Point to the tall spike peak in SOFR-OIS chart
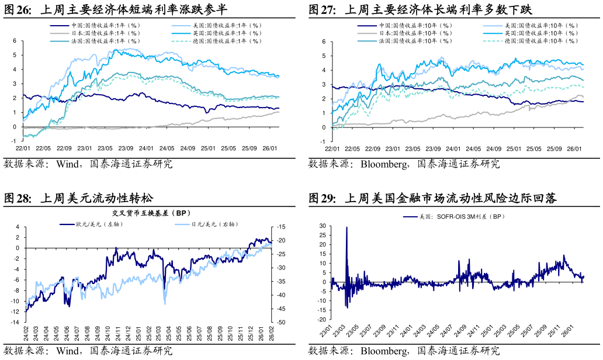coord(346,228)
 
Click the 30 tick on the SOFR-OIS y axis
coord(322,226)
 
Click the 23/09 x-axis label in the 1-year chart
coord(126,148)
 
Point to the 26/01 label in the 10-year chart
coord(574,149)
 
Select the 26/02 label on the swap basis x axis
coord(271,334)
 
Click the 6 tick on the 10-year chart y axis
coord(323,42)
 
